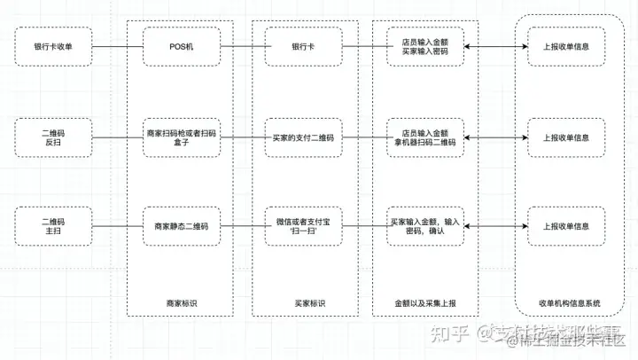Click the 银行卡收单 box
52,46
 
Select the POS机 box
181,46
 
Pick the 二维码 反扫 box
52,137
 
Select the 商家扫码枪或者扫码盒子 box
181,137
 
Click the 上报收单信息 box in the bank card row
565,46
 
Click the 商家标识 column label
181,303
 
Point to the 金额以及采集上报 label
425,303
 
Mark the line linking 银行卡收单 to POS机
116,46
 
